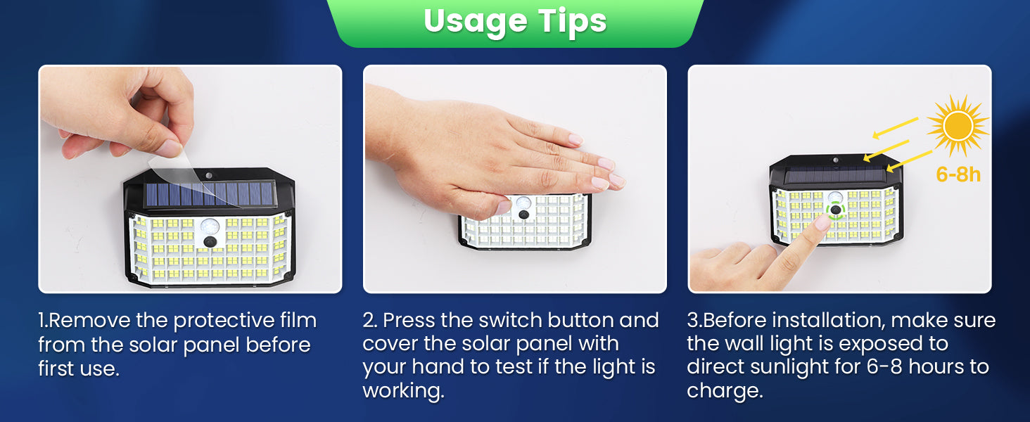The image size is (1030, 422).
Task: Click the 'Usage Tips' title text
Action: click(515, 22)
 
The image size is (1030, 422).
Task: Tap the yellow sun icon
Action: click(958, 125)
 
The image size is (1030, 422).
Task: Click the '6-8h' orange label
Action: click(958, 174)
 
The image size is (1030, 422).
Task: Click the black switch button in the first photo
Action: click(210, 241)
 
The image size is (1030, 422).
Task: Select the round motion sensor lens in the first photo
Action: click(210, 226)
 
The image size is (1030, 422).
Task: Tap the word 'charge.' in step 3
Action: click(725, 391)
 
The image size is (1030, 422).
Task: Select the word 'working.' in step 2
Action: click(403, 391)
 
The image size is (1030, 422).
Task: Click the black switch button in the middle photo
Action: click(523, 215)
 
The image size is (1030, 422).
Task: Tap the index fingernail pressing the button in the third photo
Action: click(822, 223)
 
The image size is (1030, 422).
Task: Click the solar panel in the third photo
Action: click(835, 175)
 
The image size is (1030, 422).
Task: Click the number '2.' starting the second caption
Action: click(369, 321)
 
